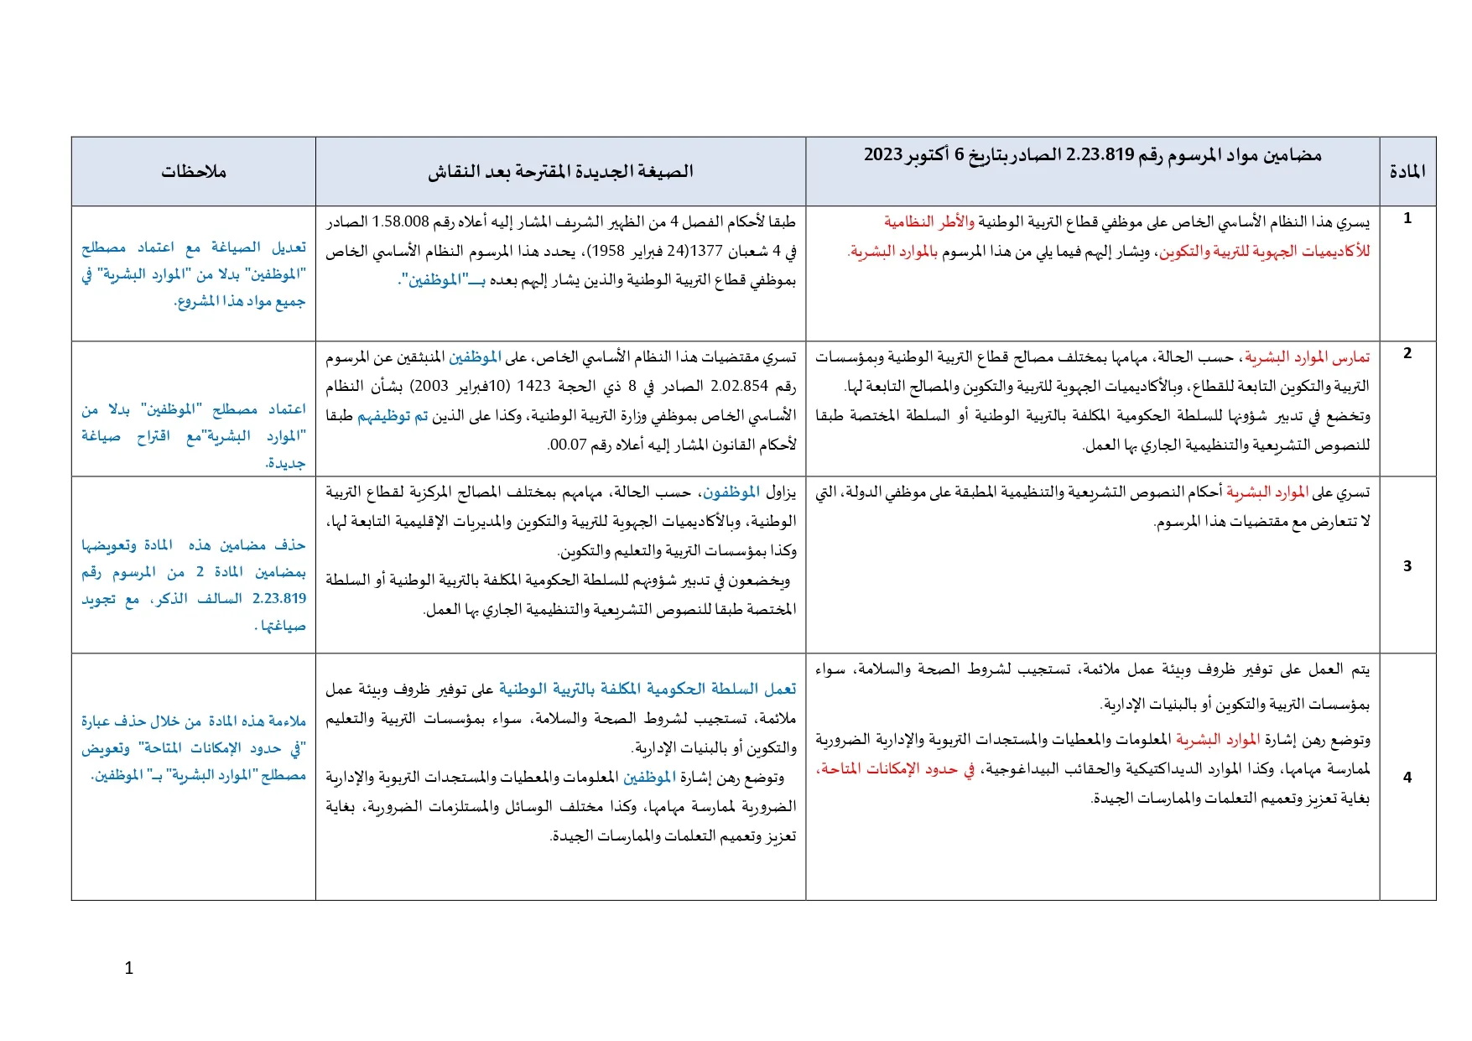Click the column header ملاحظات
coord(194,172)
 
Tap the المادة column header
coord(1407,172)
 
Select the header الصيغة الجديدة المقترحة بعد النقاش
coord(560,172)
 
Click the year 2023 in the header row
coord(883,155)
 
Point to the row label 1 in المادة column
coord(1407,218)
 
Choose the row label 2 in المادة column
coord(1407,353)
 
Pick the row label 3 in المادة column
coord(1407,566)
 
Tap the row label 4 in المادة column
coord(1407,778)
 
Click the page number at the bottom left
coord(128,968)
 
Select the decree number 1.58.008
coord(401,222)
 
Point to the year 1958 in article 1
coord(609,251)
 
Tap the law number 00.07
coord(567,445)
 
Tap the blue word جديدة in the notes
coord(286,463)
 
